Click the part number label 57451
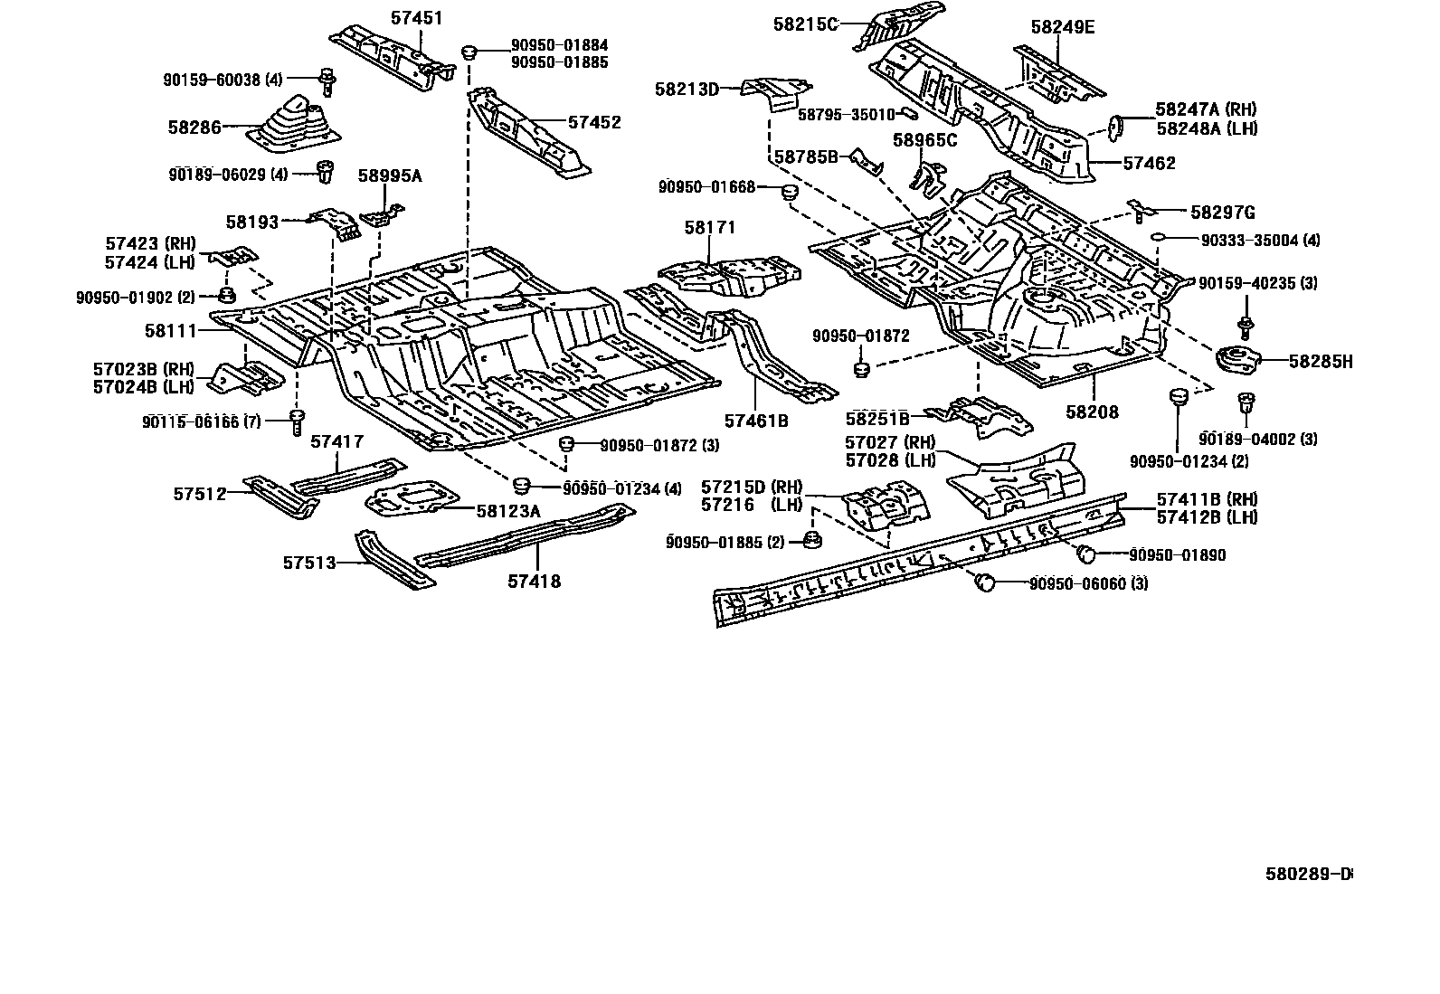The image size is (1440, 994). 417,18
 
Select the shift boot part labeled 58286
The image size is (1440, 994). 294,125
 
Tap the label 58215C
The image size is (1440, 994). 806,24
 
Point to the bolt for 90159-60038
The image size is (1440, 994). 327,81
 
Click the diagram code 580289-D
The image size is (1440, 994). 1309,874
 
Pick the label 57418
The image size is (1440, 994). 535,582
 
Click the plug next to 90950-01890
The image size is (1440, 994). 1085,553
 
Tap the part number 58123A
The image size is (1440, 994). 508,511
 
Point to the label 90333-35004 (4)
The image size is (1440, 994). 1261,241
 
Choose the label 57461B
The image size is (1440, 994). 757,421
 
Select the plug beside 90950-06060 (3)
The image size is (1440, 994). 985,582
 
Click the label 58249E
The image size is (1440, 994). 1063,27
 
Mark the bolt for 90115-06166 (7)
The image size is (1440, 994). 297,421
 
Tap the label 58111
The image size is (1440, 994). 170,330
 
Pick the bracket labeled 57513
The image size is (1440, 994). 393,558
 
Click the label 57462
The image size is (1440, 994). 1150,163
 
